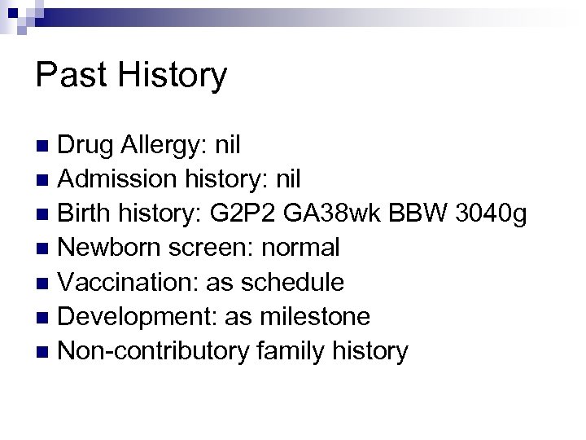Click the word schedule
[297, 283]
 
